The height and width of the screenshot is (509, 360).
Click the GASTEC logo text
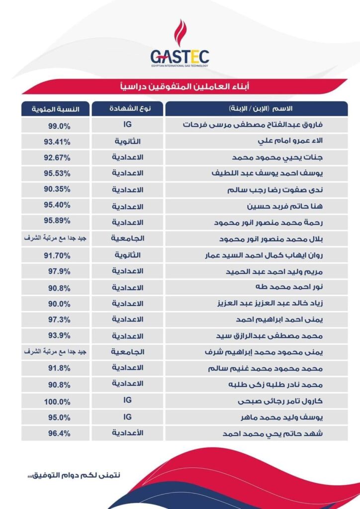[180, 55]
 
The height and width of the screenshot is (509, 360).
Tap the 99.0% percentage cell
[56, 125]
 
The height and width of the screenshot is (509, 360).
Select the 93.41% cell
[56, 142]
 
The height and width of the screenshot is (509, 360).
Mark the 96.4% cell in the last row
[56, 433]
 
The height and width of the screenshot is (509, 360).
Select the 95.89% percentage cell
[56, 222]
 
